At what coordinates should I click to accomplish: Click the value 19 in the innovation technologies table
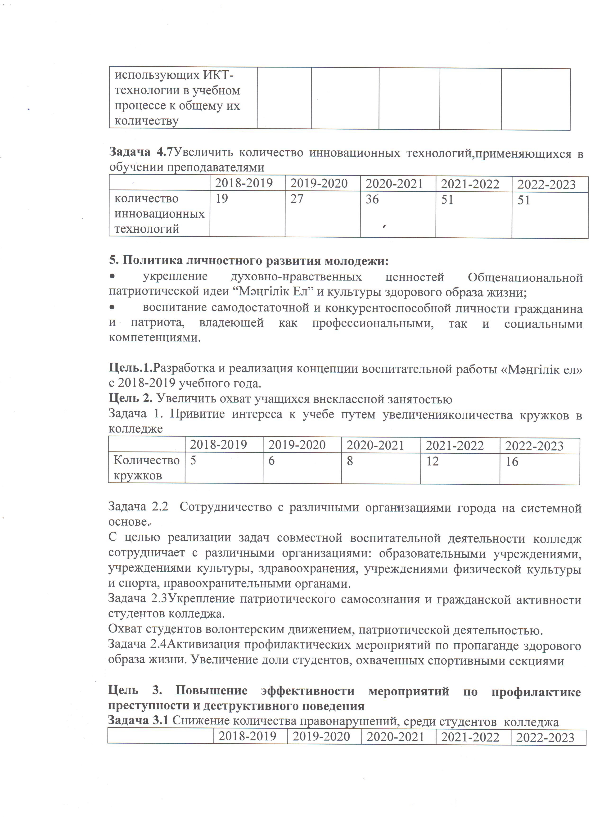(x=222, y=199)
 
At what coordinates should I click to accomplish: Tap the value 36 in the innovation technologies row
(x=372, y=199)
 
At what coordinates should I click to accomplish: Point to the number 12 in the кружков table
(x=432, y=461)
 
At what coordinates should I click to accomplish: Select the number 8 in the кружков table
(x=350, y=461)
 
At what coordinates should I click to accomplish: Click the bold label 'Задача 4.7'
(x=141, y=152)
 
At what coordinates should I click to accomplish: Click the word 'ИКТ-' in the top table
(x=218, y=75)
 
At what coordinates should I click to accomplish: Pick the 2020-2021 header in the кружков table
(x=375, y=445)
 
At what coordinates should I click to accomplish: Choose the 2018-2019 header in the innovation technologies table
(x=244, y=183)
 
